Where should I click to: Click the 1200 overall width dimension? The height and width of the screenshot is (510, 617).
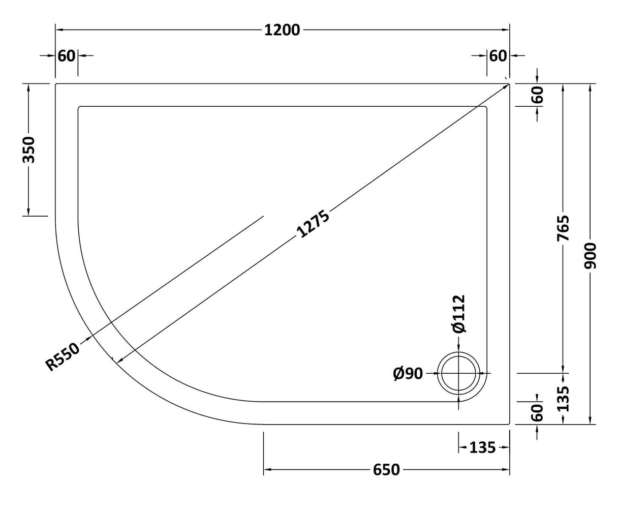283,30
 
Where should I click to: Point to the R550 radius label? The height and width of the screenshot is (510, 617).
63,356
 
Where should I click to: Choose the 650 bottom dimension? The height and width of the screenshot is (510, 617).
386,470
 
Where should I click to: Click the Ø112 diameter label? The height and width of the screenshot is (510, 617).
458,314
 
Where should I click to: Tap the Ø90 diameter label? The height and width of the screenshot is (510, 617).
408,374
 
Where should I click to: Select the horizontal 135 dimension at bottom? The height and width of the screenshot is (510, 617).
482,447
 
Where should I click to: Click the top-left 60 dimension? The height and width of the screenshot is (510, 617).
67,55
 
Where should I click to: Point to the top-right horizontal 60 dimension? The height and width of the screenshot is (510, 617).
498,55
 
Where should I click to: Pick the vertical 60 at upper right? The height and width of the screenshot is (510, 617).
538,95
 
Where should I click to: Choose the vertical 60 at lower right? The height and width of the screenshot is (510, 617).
538,412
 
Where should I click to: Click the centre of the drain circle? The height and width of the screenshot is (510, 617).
459,373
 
